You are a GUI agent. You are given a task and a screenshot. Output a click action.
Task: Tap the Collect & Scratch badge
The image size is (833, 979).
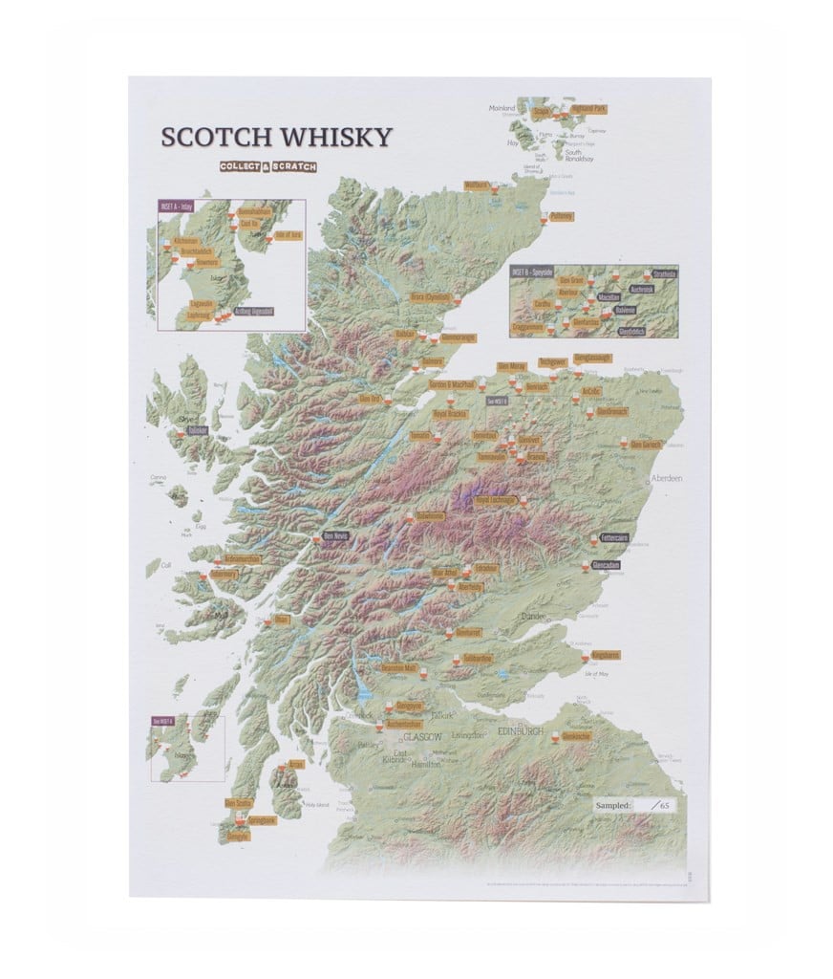pyautogui.click(x=267, y=166)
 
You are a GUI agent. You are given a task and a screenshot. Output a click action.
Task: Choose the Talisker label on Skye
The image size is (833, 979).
pyautogui.click(x=198, y=431)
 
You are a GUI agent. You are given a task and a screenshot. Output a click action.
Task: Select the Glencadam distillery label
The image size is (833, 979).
pyautogui.click(x=606, y=565)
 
